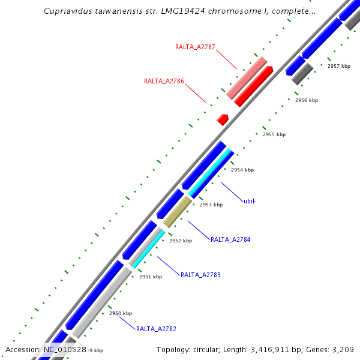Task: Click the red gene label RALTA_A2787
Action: [x=195, y=46]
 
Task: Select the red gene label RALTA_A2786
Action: [x=164, y=81]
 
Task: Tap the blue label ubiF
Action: [x=250, y=201]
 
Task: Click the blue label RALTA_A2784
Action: [x=230, y=239]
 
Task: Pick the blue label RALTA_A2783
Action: [x=200, y=275]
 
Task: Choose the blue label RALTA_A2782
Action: [x=156, y=329]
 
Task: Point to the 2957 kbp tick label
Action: [x=339, y=66]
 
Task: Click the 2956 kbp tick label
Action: [x=307, y=100]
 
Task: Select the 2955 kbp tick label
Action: [x=274, y=134]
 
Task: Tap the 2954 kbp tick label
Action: [x=242, y=170]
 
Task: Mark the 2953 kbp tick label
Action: [x=211, y=205]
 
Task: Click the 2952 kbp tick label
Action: [x=181, y=241]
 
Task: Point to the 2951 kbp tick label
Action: [x=151, y=277]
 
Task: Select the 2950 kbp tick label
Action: [x=121, y=313]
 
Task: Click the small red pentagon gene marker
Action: [x=223, y=119]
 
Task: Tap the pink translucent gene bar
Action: [x=247, y=78]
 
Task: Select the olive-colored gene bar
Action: [x=177, y=212]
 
